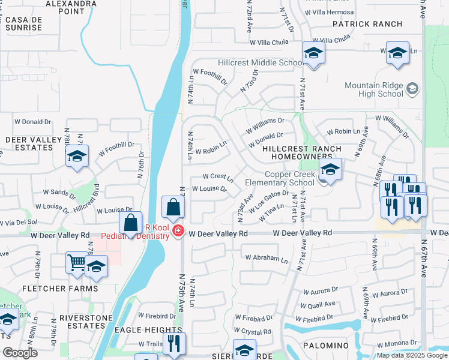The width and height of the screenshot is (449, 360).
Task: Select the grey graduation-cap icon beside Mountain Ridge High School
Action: pos(412,89)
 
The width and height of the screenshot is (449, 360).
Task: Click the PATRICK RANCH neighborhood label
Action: pos(368,24)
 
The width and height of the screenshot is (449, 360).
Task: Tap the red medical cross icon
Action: pos(178,231)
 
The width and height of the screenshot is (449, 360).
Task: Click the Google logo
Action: pos(20,353)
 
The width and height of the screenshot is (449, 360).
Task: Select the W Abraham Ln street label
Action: pos(267,259)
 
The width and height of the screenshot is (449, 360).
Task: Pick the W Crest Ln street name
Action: pos(217,177)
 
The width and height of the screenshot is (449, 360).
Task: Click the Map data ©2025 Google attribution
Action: pos(411,355)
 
